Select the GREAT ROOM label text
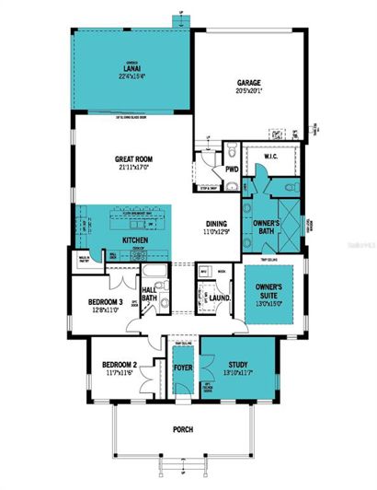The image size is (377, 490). click(132, 157)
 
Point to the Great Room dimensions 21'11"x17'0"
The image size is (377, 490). click(132, 167)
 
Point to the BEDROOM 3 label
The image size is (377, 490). click(107, 302)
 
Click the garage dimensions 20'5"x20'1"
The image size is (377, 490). click(248, 89)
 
